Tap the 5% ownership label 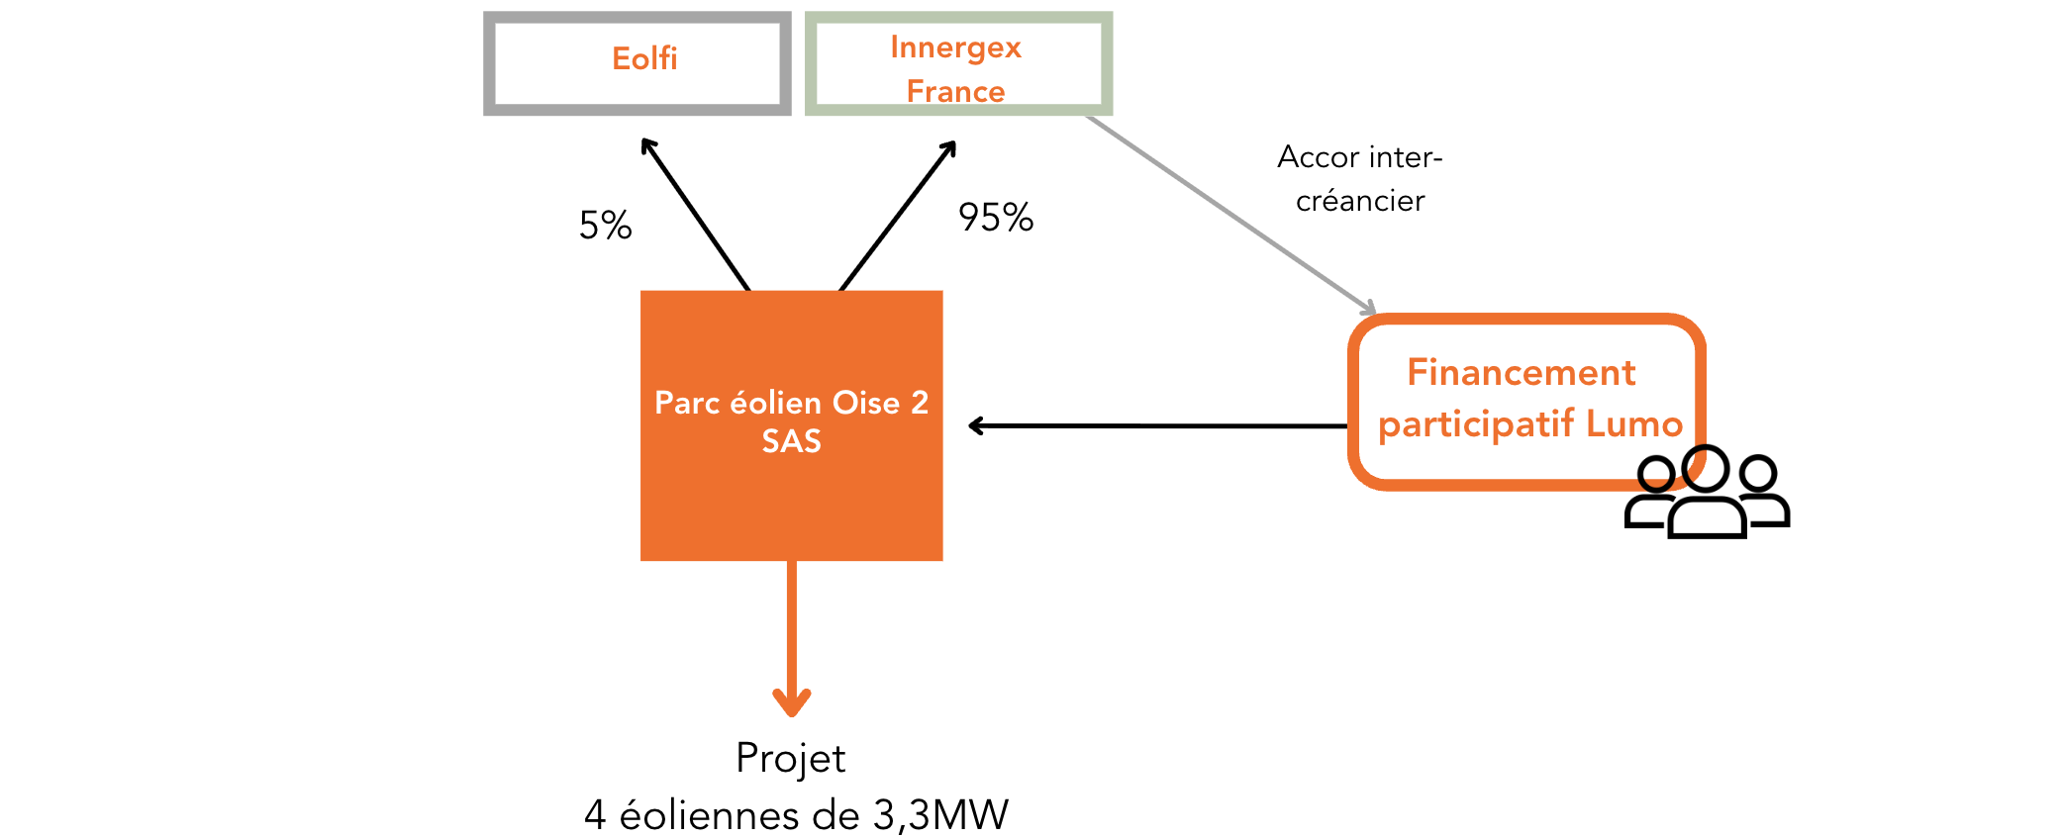pyautogui.click(x=605, y=226)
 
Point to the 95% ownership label pyautogui.click(x=995, y=218)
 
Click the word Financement pyautogui.click(x=1521, y=373)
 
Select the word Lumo pyautogui.click(x=1633, y=424)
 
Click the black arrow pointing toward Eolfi pyautogui.click(x=695, y=214)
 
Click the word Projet pyautogui.click(x=790, y=759)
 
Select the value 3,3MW pyautogui.click(x=940, y=815)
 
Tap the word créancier pyautogui.click(x=1360, y=201)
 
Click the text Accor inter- pyautogui.click(x=1359, y=157)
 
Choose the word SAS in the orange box pyautogui.click(x=791, y=441)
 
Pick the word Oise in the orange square pyautogui.click(x=866, y=403)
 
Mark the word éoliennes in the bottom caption pyautogui.click(x=709, y=815)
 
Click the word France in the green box pyautogui.click(x=955, y=92)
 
